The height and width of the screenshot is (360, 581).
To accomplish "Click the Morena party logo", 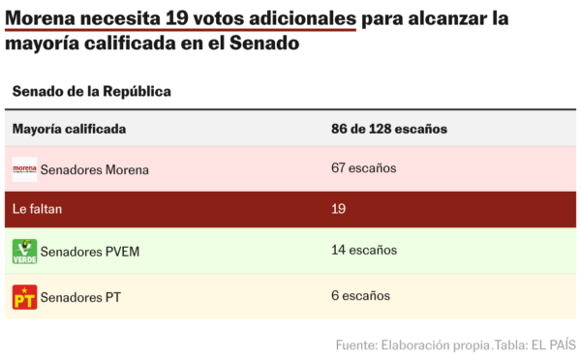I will [x=24, y=169].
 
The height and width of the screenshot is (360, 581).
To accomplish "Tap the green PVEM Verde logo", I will [x=24, y=252].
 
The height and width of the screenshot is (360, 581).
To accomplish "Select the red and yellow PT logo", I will [x=24, y=296].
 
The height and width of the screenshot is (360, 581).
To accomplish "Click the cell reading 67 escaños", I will [x=363, y=168].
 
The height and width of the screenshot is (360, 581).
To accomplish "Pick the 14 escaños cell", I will [x=363, y=251].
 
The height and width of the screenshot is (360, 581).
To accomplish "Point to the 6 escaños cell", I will [x=360, y=295].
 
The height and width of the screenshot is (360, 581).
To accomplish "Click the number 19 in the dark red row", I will [x=339, y=209].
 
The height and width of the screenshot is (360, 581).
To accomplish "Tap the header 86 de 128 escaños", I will [x=388, y=128].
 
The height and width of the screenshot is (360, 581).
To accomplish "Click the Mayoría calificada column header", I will [x=69, y=128].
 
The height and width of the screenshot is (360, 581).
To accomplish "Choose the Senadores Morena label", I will [x=95, y=169].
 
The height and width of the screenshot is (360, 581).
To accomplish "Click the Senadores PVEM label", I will [x=90, y=252].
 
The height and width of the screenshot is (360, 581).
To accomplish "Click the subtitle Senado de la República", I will [x=91, y=91].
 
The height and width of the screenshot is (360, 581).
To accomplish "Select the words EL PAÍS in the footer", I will [x=550, y=345].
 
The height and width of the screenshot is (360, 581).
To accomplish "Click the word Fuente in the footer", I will [x=357, y=345].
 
